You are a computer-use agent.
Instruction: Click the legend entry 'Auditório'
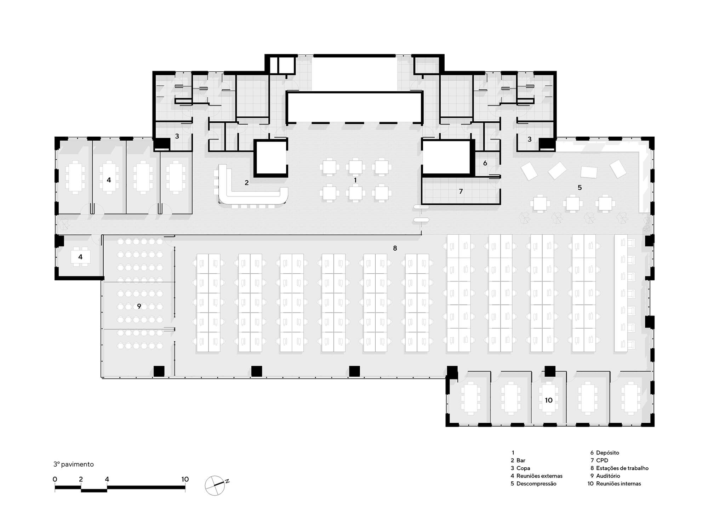[x=608, y=476]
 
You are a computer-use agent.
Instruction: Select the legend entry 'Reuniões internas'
[x=618, y=484]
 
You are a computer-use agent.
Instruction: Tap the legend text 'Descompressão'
[x=536, y=484]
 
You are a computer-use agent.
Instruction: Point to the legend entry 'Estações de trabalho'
[x=622, y=468]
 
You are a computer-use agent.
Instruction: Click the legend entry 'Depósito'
[x=607, y=453]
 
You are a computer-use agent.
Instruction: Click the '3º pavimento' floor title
[x=74, y=464]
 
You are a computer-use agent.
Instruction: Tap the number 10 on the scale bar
[x=185, y=479]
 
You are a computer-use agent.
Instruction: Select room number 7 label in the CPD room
[x=461, y=192]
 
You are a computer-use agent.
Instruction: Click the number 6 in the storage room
[x=485, y=163]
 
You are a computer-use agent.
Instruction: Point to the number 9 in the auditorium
[x=139, y=306]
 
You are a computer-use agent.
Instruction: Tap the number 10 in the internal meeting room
[x=549, y=400]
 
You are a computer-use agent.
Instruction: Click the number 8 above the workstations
[x=395, y=249]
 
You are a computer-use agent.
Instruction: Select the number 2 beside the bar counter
[x=247, y=183]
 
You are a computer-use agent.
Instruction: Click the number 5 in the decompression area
[x=579, y=188]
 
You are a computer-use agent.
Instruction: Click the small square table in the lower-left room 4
[x=80, y=257]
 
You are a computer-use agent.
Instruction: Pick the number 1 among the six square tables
[x=355, y=180]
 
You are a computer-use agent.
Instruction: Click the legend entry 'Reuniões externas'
[x=539, y=476]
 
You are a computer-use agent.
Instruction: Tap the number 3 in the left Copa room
[x=177, y=136]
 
